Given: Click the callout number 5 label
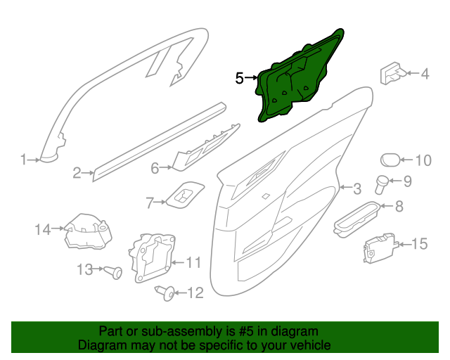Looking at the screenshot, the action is [239, 78].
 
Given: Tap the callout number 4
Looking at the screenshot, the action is [425, 74].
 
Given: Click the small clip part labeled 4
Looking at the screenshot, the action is [392, 73].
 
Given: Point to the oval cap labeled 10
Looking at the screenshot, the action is [390, 160].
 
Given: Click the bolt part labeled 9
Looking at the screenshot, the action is [382, 184].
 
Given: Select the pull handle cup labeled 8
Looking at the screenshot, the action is [356, 219].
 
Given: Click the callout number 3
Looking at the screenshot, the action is [357, 188].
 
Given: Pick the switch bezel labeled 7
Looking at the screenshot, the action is [186, 195].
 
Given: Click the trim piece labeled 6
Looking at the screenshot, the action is [205, 148].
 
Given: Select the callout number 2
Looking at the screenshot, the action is [77, 173].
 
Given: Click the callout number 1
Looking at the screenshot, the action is [23, 160].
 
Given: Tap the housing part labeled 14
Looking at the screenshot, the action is [88, 231].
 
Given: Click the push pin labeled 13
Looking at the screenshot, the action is [113, 272].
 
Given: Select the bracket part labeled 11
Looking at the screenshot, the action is [151, 257].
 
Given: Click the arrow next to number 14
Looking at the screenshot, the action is [58, 229].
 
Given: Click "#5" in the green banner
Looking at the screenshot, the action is [246, 332].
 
